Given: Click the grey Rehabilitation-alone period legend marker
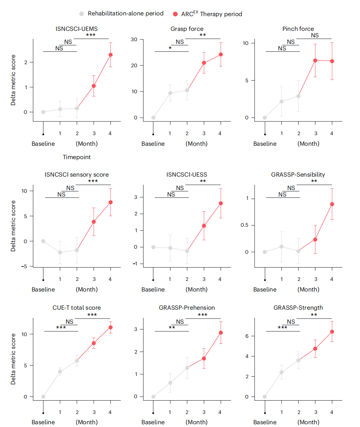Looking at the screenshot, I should click(81, 14).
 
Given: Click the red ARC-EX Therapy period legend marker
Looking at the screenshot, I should click(175, 14).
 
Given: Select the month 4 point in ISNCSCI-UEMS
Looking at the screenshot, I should click(111, 55).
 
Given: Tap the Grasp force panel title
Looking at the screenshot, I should click(187, 29).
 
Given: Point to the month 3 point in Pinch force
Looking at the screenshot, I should click(315, 60).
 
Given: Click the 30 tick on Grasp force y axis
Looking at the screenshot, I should click(134, 39).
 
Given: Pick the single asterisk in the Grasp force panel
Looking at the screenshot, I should click(170, 48).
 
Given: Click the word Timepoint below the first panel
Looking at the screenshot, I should click(77, 157).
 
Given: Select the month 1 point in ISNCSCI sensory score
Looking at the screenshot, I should click(60, 253).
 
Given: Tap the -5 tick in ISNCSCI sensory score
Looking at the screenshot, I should click(24, 266).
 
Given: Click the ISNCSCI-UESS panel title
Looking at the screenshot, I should click(187, 175).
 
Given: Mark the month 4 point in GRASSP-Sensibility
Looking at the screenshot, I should click(332, 204).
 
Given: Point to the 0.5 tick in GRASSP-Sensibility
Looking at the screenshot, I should click(245, 225).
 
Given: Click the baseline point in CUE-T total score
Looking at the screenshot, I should click(43, 397).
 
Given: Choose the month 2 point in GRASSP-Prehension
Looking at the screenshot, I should click(187, 368).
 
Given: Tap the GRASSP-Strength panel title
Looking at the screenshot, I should click(298, 308).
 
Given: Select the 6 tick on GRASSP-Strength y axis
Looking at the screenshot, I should click(247, 336).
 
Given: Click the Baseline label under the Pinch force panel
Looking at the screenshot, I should click(265, 144).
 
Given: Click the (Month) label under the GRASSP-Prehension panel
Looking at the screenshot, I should click(196, 422).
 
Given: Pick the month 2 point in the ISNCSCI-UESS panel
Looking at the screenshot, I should click(187, 251).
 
